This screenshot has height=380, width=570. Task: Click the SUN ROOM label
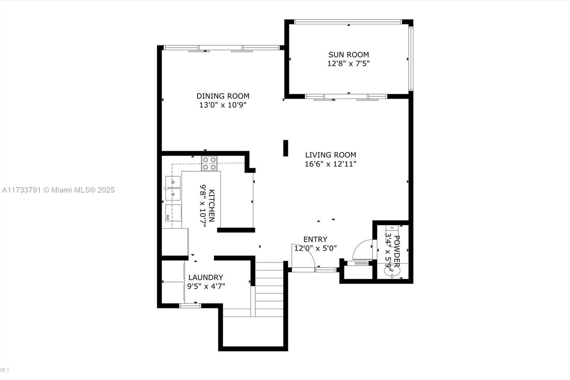pos(348,55)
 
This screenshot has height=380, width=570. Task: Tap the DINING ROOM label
pos(223,96)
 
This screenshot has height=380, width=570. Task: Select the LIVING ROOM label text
pos(331,155)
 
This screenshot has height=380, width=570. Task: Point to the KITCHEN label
pos(212,206)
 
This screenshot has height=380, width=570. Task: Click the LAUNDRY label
pos(206,277)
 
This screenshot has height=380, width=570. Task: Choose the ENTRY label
pos(315,240)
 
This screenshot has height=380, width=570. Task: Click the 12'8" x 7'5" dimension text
pos(348,63)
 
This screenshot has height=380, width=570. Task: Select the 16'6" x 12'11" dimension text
pos(331,164)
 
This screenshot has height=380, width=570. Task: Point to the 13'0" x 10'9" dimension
pos(223,105)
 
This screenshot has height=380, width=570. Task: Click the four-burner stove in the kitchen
pos(209,164)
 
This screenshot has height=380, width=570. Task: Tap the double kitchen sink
pos(173,189)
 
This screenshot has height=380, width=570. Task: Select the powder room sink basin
pos(392,271)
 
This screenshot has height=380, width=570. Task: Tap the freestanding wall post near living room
pos(286,148)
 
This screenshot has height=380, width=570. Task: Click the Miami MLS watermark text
pos(58,190)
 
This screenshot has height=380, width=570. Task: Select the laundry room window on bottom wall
pos(190,305)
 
